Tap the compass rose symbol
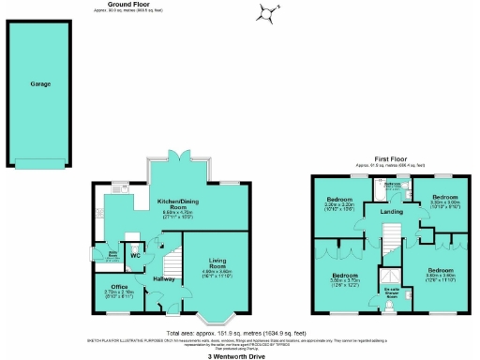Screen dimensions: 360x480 click(x=268, y=12)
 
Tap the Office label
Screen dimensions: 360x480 click(x=118, y=286)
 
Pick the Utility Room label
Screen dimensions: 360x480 click(x=112, y=254)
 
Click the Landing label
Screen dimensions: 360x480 click(x=391, y=210)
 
